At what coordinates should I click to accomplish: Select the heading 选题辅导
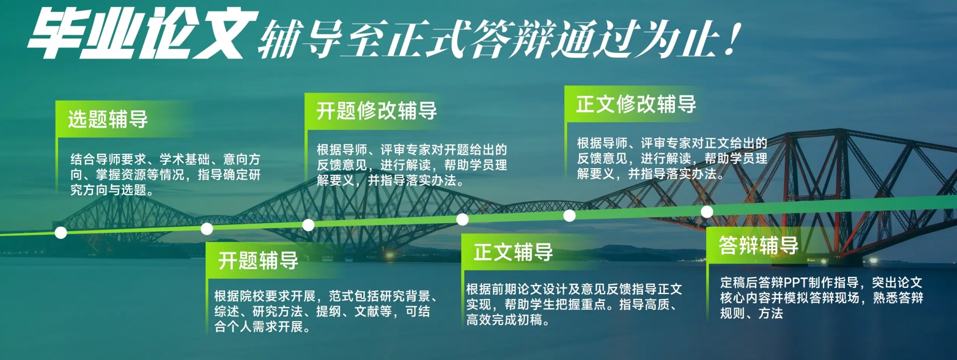[108, 120]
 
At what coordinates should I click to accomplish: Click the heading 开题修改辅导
[377, 111]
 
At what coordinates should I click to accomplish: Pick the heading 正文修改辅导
[636, 104]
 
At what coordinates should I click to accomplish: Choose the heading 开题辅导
[258, 261]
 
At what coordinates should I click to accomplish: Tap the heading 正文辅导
[513, 252]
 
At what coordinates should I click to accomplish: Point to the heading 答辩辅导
[759, 245]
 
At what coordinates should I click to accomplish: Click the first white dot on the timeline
[61, 233]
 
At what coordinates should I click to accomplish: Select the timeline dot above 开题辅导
[207, 229]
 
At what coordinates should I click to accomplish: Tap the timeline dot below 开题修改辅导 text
[308, 225]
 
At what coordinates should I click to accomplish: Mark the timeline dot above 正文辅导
[462, 219]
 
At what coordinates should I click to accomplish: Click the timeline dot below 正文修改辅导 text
[569, 216]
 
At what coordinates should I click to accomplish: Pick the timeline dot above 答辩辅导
[707, 212]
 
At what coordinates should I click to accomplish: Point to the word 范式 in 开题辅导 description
[341, 296]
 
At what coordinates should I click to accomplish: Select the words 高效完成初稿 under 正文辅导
[504, 320]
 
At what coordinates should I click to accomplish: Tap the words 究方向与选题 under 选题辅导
[108, 190]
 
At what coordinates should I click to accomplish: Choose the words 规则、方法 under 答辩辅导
[752, 314]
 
